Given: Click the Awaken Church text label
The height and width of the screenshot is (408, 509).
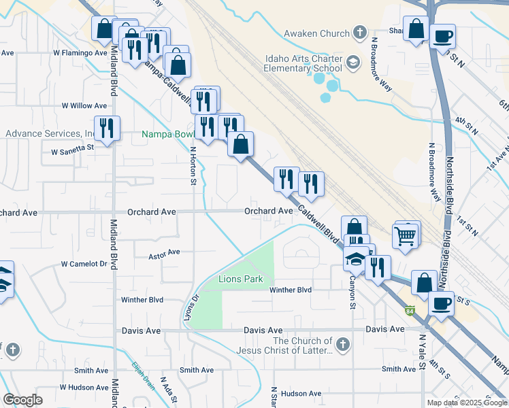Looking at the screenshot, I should pyautogui.click(x=316, y=33).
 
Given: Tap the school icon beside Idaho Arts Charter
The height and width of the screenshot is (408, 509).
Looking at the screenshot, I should pyautogui.click(x=353, y=63).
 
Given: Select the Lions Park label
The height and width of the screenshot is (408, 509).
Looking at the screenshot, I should pyautogui.click(x=240, y=279).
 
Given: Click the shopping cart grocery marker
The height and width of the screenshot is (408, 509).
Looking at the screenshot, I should pyautogui.click(x=405, y=237).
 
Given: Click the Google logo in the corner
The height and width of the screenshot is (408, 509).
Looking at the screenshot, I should pyautogui.click(x=22, y=400).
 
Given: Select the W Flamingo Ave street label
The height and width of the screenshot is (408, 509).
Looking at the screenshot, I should pyautogui.click(x=80, y=52).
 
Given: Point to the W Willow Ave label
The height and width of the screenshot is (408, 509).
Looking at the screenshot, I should pyautogui.click(x=84, y=105).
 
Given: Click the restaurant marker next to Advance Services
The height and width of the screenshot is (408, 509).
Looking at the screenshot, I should pyautogui.click(x=107, y=129).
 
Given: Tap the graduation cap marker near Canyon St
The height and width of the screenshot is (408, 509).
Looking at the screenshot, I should pyautogui.click(x=355, y=259).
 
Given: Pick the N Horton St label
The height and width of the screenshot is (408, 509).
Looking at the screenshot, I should pyautogui.click(x=193, y=166).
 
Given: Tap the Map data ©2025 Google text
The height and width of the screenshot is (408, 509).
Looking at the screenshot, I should pyautogui.click(x=466, y=402).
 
